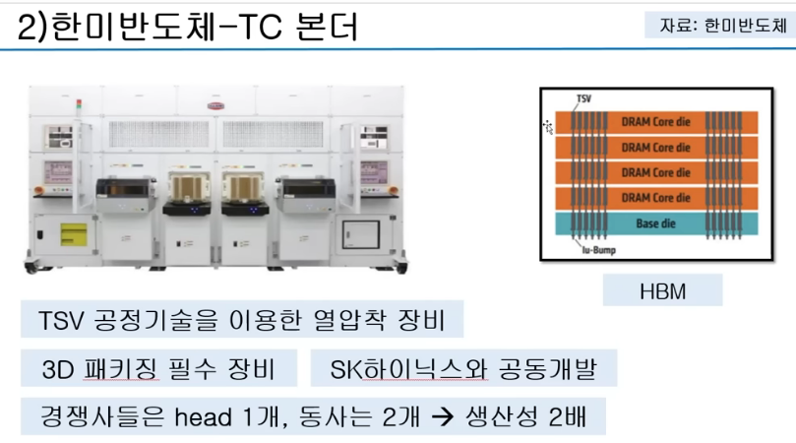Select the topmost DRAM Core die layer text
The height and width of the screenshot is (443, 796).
click(x=655, y=122)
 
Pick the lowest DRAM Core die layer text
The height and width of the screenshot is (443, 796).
click(x=655, y=198)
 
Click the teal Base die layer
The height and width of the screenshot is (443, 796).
click(x=653, y=223)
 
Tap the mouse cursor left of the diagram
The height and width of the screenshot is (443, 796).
click(x=548, y=125)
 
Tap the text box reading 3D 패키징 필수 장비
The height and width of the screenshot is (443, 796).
click(x=158, y=369)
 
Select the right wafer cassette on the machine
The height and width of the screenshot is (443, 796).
click(x=246, y=185)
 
